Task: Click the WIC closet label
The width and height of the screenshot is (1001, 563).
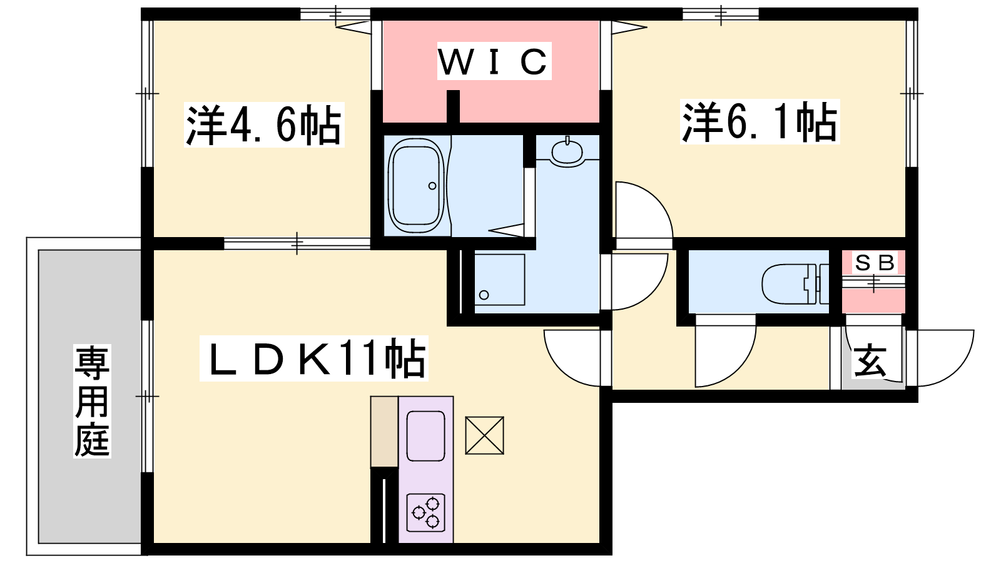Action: (494, 61)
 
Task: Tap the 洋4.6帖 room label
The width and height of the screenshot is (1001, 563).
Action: (264, 124)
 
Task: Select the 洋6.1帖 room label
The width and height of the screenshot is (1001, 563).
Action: (760, 121)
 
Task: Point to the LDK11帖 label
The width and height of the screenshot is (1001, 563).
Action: (313, 358)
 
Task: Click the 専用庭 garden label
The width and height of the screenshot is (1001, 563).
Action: (92, 401)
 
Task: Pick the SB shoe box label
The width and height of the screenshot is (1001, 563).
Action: (875, 263)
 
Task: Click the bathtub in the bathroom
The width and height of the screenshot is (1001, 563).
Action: (417, 185)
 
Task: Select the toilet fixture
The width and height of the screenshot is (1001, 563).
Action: (795, 284)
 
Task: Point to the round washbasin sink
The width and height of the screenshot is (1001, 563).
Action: (567, 153)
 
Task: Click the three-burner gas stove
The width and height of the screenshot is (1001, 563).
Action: (426, 512)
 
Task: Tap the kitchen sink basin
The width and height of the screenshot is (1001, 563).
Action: (426, 435)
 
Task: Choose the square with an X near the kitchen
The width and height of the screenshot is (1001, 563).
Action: (484, 435)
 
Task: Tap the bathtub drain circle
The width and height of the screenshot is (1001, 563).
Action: (432, 186)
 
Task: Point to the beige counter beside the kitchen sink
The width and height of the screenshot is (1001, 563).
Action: (384, 432)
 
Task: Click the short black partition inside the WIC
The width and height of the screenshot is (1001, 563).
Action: (454, 106)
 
